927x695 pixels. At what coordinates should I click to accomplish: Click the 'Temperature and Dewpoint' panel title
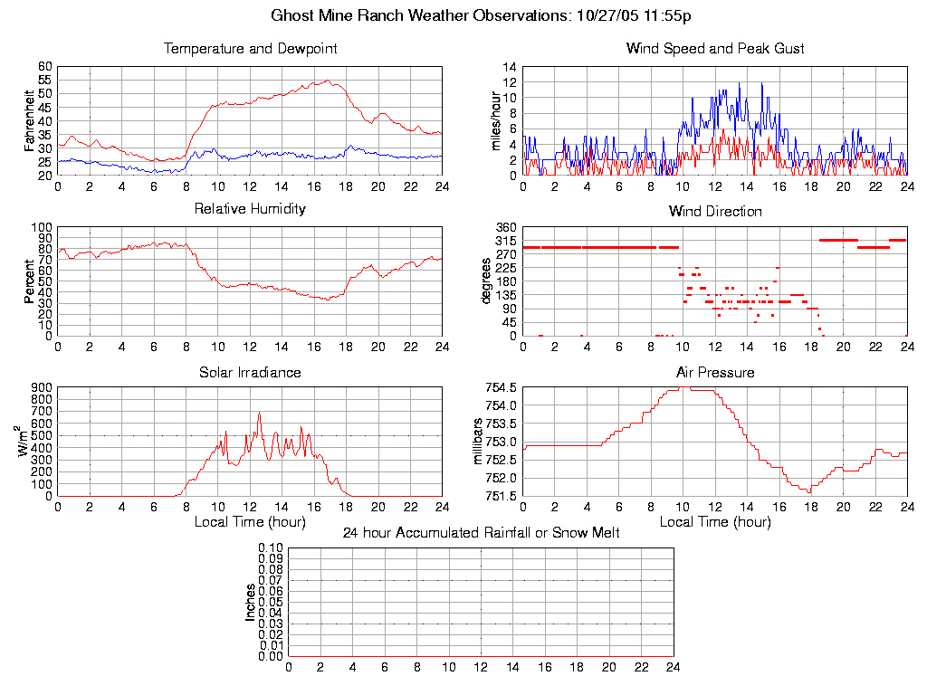click(x=250, y=48)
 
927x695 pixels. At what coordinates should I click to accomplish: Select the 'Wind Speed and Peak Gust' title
click(x=715, y=48)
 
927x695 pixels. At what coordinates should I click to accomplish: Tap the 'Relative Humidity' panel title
click(x=250, y=209)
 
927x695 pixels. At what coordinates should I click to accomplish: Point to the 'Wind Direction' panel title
click(x=715, y=211)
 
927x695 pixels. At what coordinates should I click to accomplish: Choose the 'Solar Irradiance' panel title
click(x=250, y=372)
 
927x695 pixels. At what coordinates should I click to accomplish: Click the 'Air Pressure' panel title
click(x=715, y=372)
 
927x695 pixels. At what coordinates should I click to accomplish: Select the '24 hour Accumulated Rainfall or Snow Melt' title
click(x=481, y=533)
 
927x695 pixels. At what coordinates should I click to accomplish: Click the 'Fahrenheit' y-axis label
click(x=31, y=121)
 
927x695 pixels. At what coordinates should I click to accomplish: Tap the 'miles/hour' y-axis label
click(x=496, y=121)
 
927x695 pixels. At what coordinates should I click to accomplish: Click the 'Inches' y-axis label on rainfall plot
click(x=251, y=602)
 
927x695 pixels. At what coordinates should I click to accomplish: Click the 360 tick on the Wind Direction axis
click(x=505, y=227)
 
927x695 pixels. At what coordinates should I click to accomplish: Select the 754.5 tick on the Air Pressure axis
click(x=501, y=388)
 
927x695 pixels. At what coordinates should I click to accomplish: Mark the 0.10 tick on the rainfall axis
click(x=271, y=548)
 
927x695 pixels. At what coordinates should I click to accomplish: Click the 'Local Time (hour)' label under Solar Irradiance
click(x=250, y=522)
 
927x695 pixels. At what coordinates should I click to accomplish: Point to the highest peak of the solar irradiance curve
click(x=259, y=414)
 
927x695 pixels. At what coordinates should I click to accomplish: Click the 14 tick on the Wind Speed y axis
click(x=510, y=68)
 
